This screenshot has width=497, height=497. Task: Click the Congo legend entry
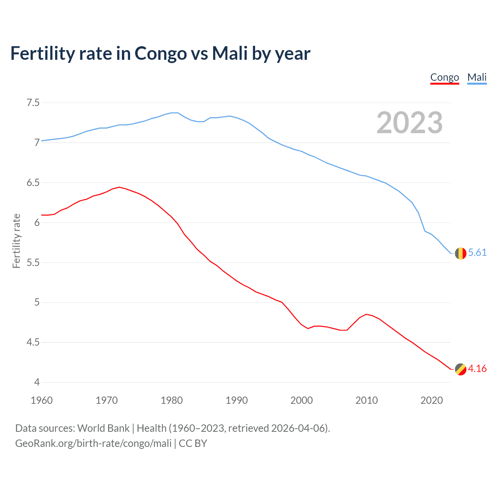click(x=445, y=77)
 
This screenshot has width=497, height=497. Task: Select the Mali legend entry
click(x=477, y=77)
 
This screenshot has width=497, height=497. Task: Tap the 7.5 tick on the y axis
click(x=33, y=103)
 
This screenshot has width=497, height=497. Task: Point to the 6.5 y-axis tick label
click(x=33, y=182)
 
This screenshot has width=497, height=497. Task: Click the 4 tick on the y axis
click(x=37, y=382)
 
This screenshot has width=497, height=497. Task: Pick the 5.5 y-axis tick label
click(x=33, y=262)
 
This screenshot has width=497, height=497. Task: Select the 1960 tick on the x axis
click(x=42, y=400)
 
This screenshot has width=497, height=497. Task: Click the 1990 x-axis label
click(x=236, y=400)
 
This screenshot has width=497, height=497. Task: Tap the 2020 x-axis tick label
click(x=431, y=400)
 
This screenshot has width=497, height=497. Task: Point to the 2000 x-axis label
click(x=301, y=400)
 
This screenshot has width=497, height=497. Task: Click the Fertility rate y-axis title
click(x=16, y=241)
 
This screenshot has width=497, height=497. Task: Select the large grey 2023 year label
click(x=409, y=123)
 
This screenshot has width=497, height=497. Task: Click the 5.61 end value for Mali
click(x=477, y=253)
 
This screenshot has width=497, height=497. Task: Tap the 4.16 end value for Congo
click(x=477, y=368)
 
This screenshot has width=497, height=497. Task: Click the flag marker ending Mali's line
click(x=461, y=253)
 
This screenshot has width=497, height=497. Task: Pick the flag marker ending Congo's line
click(x=461, y=369)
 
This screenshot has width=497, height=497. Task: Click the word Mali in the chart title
click(x=230, y=54)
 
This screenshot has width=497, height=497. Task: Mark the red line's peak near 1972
click(x=119, y=187)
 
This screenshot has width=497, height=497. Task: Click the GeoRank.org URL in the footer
click(x=93, y=443)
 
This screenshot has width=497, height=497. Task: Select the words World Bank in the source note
click(x=103, y=428)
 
